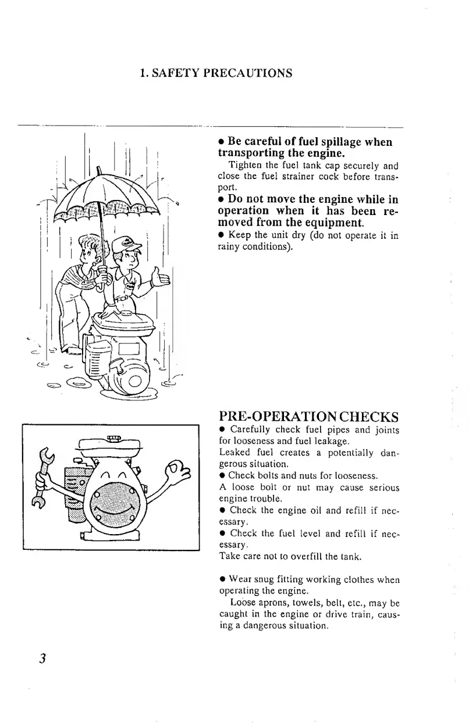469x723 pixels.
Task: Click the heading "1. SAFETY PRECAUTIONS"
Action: click(216, 73)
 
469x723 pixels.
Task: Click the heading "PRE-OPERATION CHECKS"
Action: click(308, 417)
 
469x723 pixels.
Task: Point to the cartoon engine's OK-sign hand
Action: click(177, 469)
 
